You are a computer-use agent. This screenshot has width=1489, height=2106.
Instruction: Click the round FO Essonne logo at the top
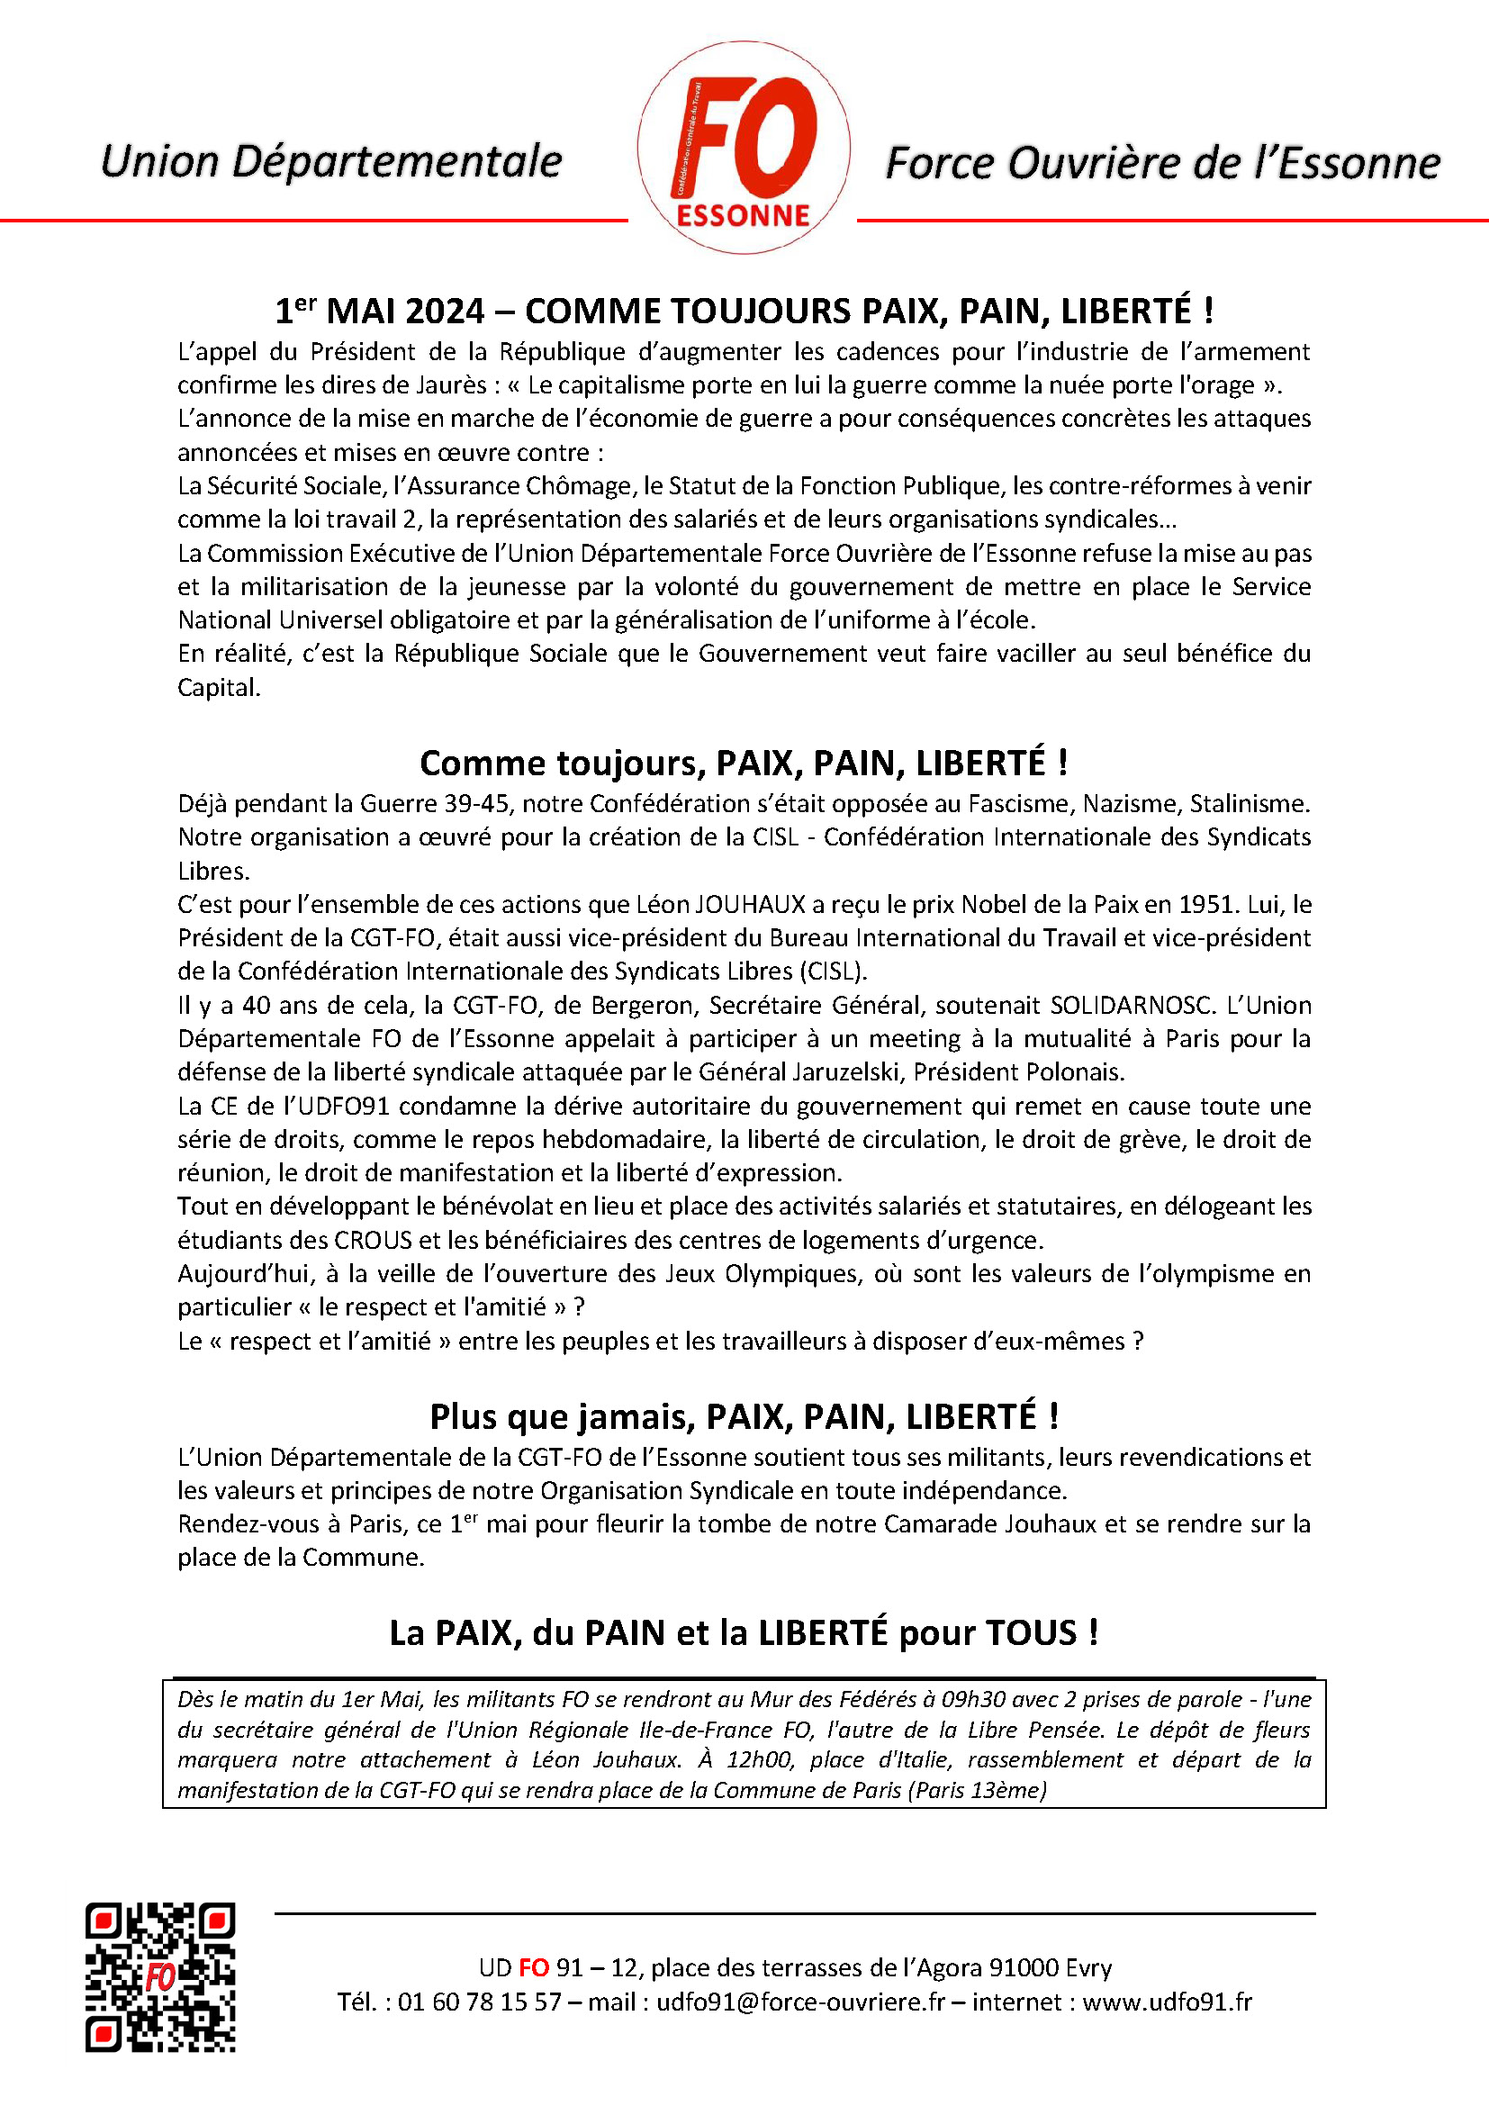743,149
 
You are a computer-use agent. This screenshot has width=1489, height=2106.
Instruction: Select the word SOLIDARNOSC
1131,1006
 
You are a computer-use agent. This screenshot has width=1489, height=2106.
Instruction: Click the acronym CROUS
374,1240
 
